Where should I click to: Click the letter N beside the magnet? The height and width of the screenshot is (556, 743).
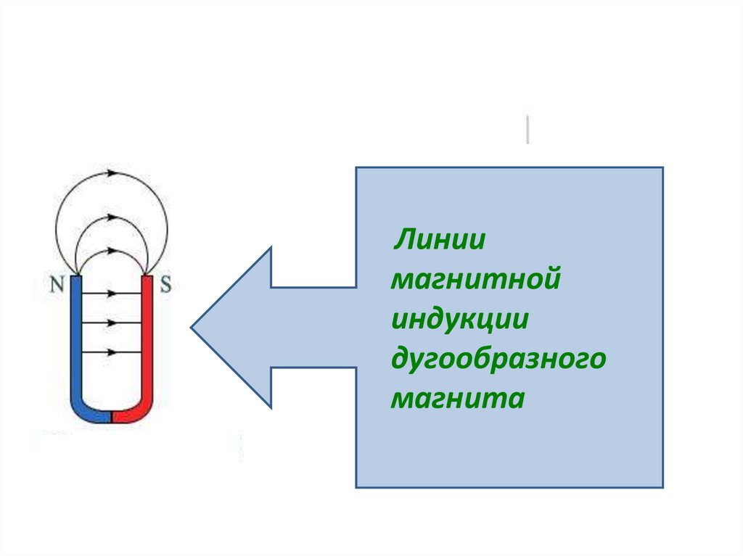[57, 283]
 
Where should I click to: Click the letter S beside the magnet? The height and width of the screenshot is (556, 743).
[165, 283]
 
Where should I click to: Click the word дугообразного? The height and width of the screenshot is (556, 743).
[498, 360]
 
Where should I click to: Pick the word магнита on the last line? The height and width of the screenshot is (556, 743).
[456, 399]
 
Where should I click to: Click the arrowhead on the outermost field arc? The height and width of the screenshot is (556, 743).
[112, 173]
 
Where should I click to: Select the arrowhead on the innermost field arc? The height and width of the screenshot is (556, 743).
[112, 250]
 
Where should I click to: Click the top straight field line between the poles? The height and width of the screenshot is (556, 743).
[112, 294]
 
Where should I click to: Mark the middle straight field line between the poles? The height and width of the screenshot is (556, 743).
[112, 322]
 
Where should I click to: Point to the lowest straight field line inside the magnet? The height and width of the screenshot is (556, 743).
[112, 352]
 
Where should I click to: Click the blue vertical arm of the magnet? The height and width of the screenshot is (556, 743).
[76, 333]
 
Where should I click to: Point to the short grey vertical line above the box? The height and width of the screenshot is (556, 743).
[528, 129]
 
